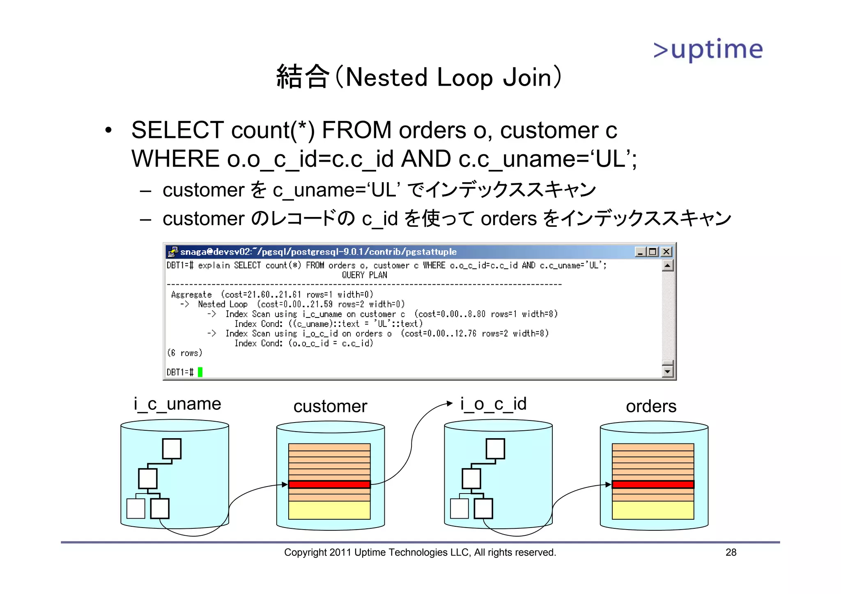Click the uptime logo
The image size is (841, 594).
[x=708, y=50]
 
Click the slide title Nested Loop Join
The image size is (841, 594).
[x=419, y=77]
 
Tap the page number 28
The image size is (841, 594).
[x=731, y=553]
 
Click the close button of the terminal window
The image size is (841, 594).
[x=666, y=251]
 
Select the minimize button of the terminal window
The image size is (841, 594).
[x=639, y=251]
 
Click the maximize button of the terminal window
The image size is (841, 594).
[x=653, y=251]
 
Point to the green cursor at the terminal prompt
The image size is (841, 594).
[x=200, y=372]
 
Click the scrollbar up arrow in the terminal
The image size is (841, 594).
[x=668, y=266]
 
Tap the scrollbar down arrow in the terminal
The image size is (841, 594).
[x=668, y=372]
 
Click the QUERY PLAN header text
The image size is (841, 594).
[x=364, y=275]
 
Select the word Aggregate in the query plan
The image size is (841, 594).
[x=191, y=295]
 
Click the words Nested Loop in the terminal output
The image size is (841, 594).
[x=223, y=304]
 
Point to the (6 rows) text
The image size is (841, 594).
[x=185, y=353]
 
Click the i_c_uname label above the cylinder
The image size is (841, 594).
[x=177, y=404]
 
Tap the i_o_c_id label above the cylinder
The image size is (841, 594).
[x=493, y=404]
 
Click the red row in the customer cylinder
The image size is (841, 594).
[x=329, y=484]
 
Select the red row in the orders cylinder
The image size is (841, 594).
[x=653, y=484]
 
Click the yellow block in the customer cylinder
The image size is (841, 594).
[x=329, y=510]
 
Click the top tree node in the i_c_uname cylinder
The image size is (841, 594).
[x=172, y=448]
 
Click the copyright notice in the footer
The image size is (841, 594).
[x=420, y=553]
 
